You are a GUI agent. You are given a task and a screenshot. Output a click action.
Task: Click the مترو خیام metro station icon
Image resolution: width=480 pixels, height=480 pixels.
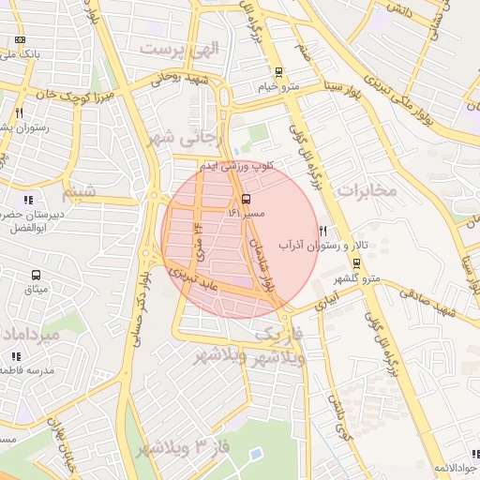pos(278,72)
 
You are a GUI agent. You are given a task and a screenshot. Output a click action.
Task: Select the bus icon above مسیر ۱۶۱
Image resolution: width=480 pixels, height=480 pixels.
pos(246,199)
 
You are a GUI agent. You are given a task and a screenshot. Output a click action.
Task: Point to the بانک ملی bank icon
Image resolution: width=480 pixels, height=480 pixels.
pos(21,40)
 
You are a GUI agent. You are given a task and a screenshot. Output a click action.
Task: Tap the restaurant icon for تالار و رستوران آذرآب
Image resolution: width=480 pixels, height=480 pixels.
pos(323,230)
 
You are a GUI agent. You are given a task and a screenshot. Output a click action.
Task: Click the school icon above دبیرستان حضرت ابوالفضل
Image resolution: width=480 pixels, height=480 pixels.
pos(27,199)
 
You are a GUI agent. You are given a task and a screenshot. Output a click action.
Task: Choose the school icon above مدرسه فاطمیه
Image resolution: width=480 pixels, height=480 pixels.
pos(15,356)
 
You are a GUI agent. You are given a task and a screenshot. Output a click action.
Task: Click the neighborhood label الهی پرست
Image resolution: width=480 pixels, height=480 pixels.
pos(178,47)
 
